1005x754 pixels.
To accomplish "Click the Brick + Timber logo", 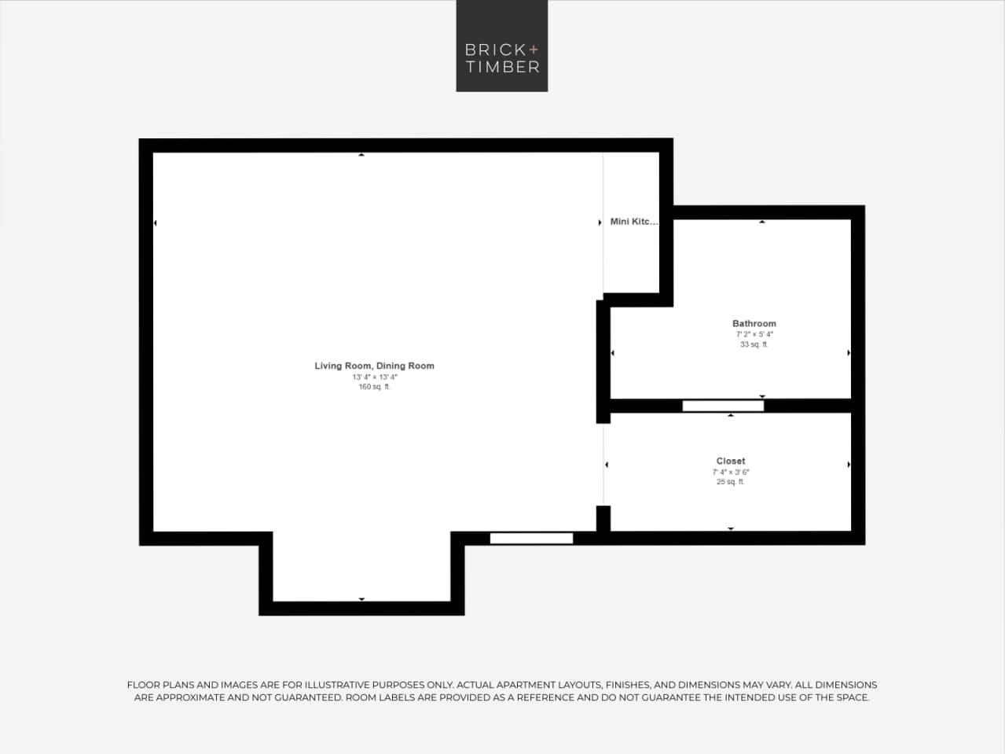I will (501, 46).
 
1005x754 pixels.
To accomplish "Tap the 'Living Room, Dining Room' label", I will (374, 366).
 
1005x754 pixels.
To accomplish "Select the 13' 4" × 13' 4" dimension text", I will (374, 377).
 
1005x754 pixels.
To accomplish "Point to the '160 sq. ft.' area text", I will (374, 387).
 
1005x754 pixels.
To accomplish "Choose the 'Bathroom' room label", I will (754, 323).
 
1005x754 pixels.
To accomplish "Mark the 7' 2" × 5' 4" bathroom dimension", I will (754, 334).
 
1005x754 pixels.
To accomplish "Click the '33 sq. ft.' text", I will (754, 344).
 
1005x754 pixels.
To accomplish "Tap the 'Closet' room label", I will (730, 461).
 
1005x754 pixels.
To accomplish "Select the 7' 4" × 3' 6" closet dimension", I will (730, 473).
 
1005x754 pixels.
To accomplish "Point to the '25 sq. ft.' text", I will (730, 482).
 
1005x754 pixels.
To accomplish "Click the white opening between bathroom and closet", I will (723, 406).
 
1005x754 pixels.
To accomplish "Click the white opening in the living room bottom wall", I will (531, 539).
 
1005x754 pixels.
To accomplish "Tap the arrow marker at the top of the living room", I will (361, 155).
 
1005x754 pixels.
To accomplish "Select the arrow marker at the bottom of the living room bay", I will (361, 599).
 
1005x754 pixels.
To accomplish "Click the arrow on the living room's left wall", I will (156, 223).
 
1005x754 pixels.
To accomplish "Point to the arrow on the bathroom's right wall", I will (849, 353).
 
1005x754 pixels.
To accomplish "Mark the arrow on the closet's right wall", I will (849, 465).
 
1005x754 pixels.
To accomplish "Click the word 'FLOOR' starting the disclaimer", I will (144, 685).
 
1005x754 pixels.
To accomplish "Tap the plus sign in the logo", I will (534, 50).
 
